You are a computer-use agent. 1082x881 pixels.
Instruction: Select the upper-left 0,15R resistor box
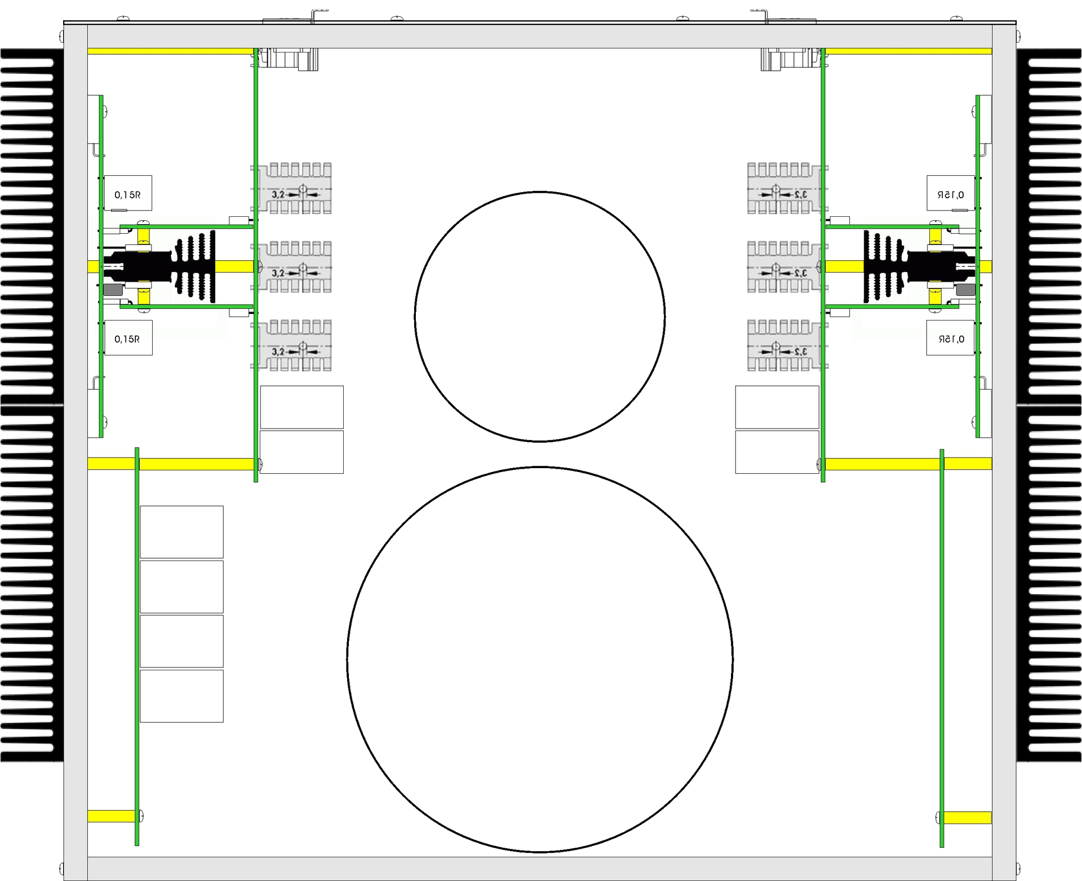pyautogui.click(x=128, y=193)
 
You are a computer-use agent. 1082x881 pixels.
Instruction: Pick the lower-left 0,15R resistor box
pyautogui.click(x=128, y=338)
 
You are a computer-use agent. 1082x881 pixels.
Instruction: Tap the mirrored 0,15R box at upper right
pyautogui.click(x=951, y=193)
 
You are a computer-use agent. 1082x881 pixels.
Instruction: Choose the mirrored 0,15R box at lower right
pyautogui.click(x=951, y=338)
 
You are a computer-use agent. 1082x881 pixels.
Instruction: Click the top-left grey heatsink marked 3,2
pyautogui.click(x=291, y=189)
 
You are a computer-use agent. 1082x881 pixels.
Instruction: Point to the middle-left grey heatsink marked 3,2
pyautogui.click(x=291, y=267)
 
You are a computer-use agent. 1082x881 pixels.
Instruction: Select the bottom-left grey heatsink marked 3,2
pyautogui.click(x=291, y=345)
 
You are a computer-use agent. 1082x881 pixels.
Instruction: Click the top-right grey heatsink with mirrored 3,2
pyautogui.click(x=788, y=189)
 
